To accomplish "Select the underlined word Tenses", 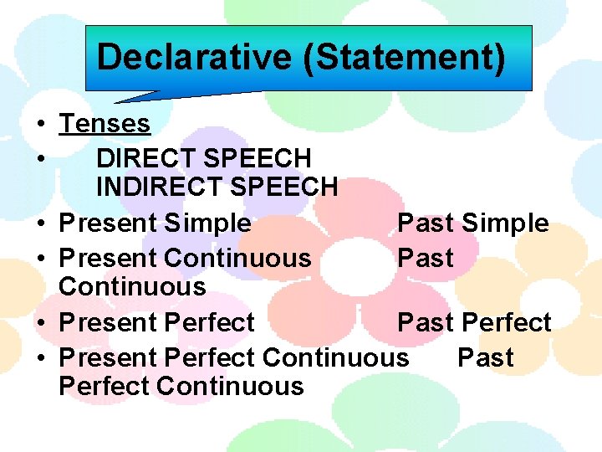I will pos(105,124).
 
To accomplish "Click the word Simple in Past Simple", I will pos(505,223).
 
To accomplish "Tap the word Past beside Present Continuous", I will pos(426,258).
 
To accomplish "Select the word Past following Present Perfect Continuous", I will pos(485,357).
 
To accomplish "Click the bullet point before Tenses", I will pos(40,125).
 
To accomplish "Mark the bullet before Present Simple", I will pos(40,224).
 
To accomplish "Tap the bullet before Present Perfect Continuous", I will pos(40,358).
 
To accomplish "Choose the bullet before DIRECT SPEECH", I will pos(40,159).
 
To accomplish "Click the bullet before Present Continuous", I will pos(40,259).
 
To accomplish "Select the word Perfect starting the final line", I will pos(104,387).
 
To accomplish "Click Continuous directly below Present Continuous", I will pos(132,286).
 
